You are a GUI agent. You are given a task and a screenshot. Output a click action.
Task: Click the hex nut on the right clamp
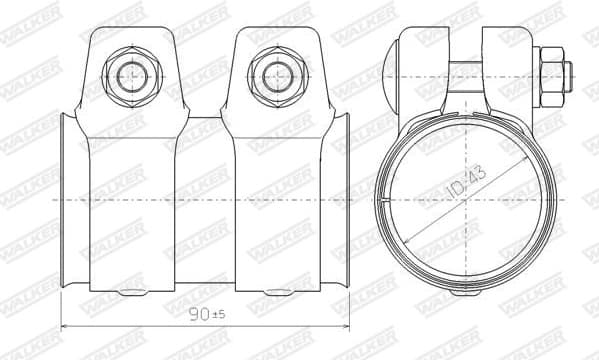pyautogui.click(x=273, y=75)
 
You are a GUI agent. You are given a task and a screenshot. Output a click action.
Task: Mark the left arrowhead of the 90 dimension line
pyautogui.click(x=65, y=327)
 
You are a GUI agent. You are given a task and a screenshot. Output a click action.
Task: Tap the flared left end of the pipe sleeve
pyautogui.click(x=64, y=200)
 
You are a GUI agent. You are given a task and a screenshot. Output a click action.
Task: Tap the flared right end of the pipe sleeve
pyautogui.click(x=346, y=200)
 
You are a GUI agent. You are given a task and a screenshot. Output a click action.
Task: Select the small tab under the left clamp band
pyautogui.click(x=129, y=292)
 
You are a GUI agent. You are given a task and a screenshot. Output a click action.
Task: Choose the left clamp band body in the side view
pyautogui.click(x=129, y=200)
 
